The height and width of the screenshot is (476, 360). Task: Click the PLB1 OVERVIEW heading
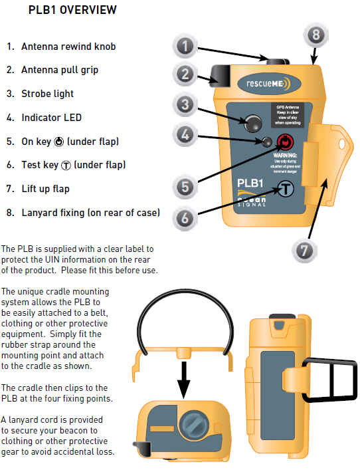tap(72, 10)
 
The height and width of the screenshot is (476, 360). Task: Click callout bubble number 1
tap(186, 46)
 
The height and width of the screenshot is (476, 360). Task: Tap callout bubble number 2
tap(186, 74)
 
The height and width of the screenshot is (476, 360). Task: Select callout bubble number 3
tap(186, 104)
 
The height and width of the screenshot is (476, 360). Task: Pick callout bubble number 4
tap(186, 135)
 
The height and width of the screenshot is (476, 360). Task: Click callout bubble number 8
tap(315, 34)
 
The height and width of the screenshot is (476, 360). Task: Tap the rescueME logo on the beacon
tap(268, 84)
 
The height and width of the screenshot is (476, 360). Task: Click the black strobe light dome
tap(252, 122)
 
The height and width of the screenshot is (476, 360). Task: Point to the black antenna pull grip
tap(220, 74)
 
